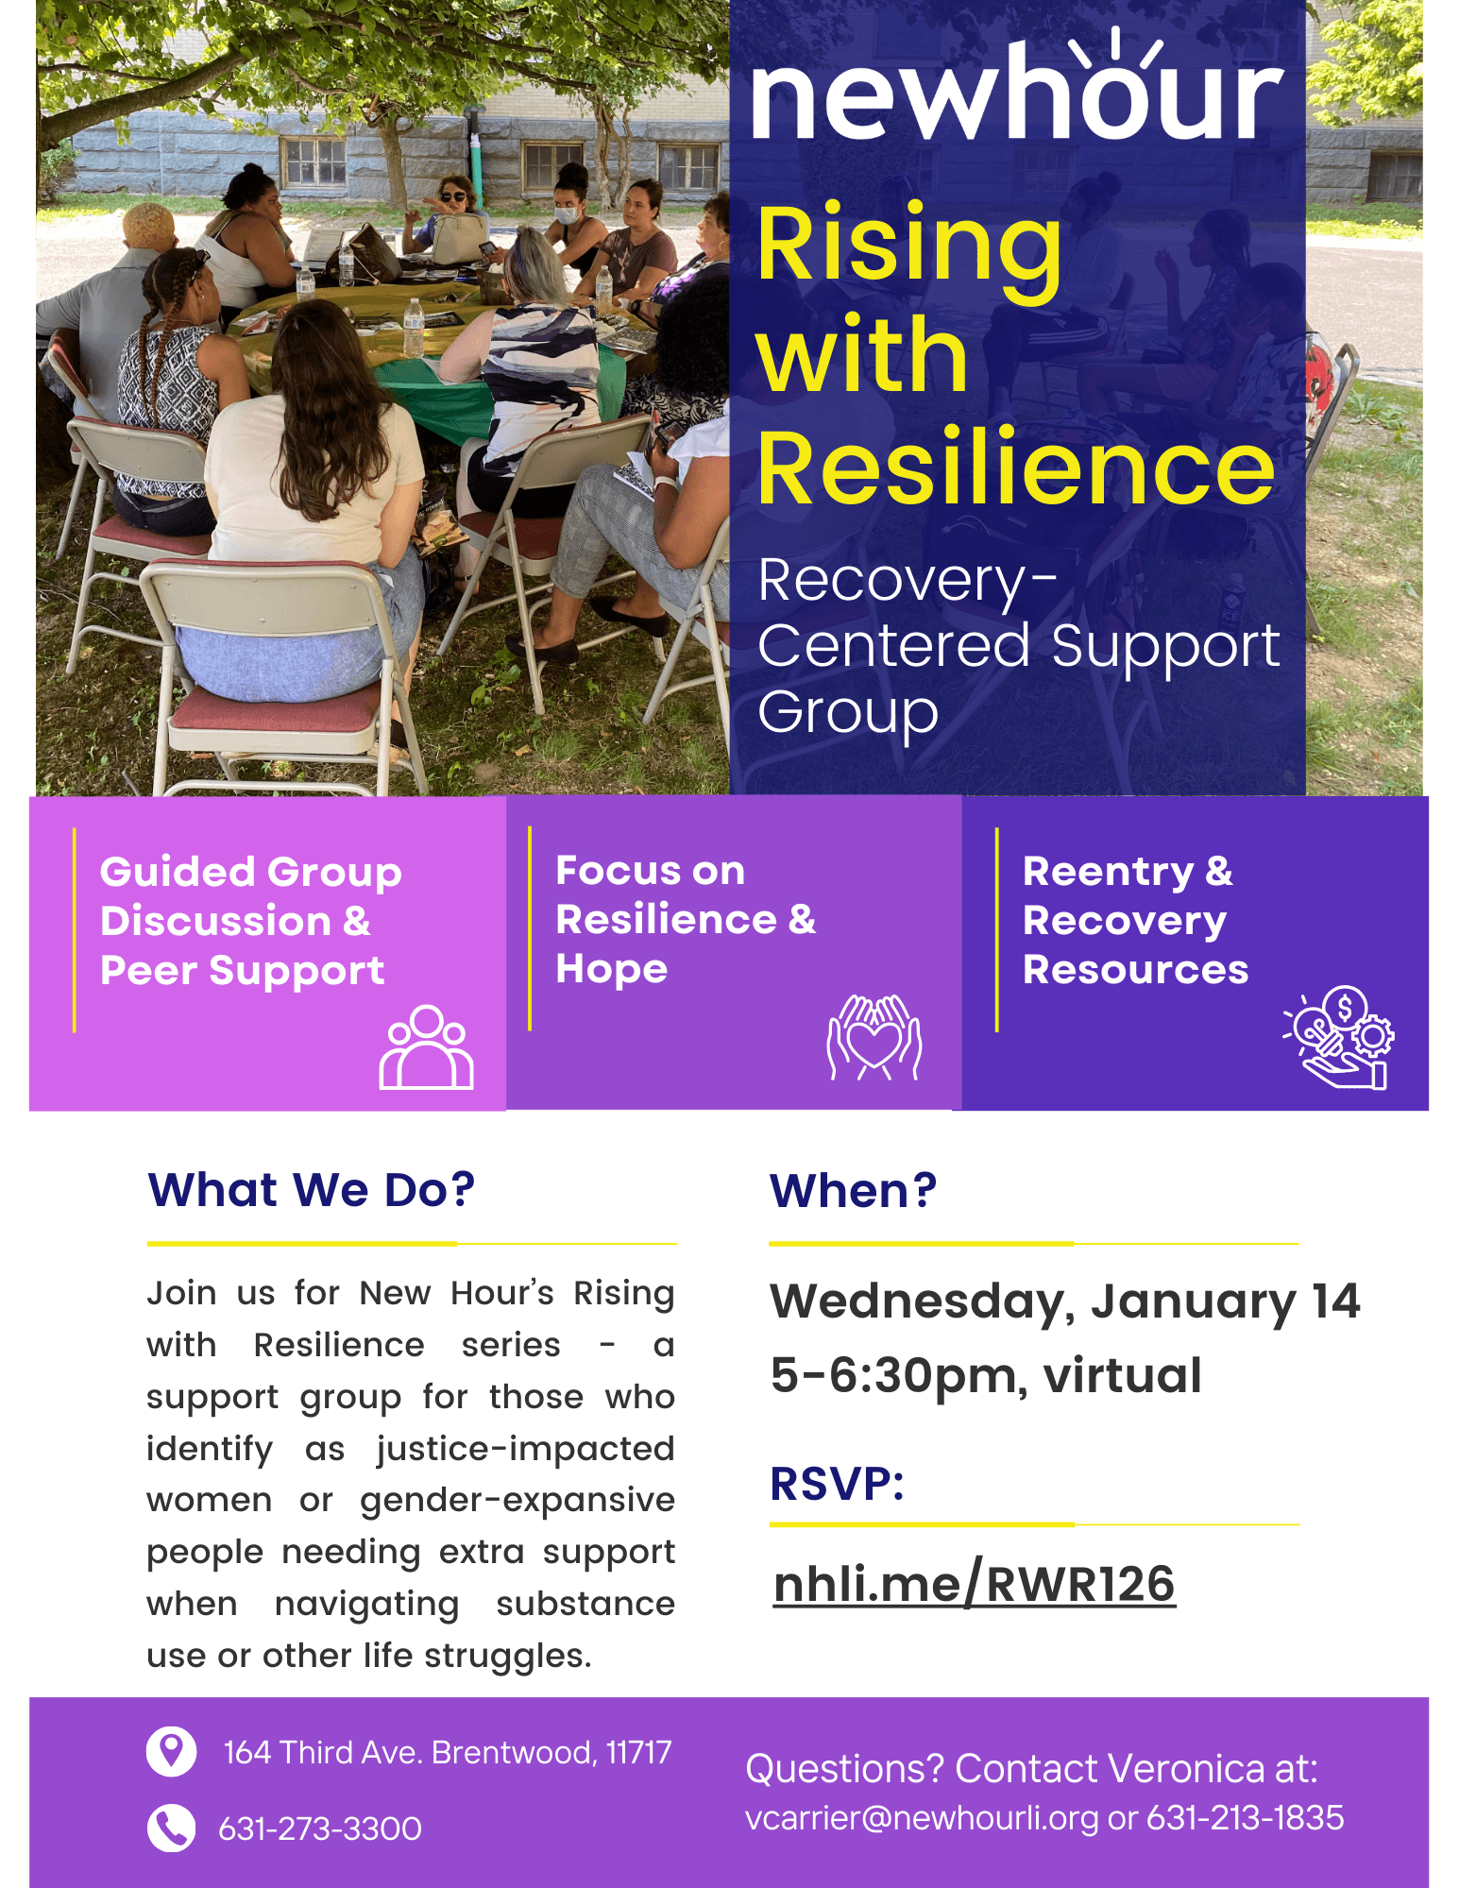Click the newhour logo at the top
1017,85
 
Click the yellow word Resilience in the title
1016,467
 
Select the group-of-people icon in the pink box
426,1047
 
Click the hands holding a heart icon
874,1037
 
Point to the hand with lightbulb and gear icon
1339,1037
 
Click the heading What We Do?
312,1189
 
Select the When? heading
853,1190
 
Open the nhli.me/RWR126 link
974,1584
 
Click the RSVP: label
837,1483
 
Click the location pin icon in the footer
171,1752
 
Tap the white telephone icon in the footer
171,1828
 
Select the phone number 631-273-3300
320,1829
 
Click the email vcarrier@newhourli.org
922,1818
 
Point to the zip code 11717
638,1753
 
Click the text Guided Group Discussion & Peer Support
251,921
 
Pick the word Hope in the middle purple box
612,970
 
